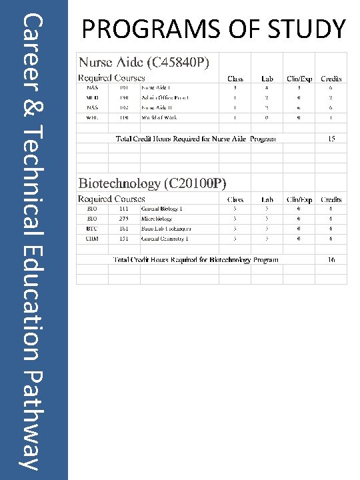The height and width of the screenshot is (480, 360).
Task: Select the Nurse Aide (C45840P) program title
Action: tap(145, 63)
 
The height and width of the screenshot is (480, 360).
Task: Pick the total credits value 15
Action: tap(331, 139)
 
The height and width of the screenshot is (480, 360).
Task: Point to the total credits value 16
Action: tap(331, 259)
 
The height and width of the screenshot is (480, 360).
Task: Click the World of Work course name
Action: tap(159, 117)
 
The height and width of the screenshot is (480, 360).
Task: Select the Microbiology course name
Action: tap(157, 218)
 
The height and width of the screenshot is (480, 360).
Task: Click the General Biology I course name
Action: tap(162, 209)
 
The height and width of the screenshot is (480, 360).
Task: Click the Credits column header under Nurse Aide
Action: tap(331, 79)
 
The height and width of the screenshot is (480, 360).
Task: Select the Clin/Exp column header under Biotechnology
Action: tap(299, 199)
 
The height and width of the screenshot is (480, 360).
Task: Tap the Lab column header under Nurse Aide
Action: tap(267, 79)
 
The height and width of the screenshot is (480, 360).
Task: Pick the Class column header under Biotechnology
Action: tap(235, 199)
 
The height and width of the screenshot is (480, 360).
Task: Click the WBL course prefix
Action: tap(93, 117)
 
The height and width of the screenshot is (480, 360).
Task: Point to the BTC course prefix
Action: tap(93, 228)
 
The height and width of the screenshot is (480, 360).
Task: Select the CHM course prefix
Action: tap(93, 238)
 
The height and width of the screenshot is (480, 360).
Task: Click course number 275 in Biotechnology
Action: tap(124, 218)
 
